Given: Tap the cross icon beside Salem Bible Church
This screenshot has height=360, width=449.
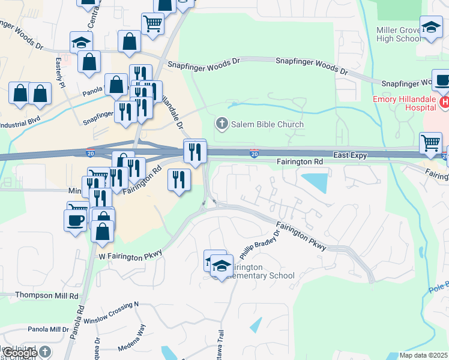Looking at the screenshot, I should tap(221, 124).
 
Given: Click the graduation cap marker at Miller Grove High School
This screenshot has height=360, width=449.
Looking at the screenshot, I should tap(431, 28).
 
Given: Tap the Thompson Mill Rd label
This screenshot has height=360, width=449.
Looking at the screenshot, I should tap(47, 296).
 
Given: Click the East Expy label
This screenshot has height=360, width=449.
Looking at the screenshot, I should tap(349, 155).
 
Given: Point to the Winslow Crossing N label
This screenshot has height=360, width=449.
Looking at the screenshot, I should tap(111, 313).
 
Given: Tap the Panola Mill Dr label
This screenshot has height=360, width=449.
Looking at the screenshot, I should tap(48, 329).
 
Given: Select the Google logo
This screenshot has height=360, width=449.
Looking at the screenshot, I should tap(20, 353).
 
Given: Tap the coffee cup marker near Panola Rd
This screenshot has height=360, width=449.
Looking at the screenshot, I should tap(75, 220).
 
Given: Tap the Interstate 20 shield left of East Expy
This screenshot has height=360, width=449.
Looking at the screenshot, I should tap(255, 155).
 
